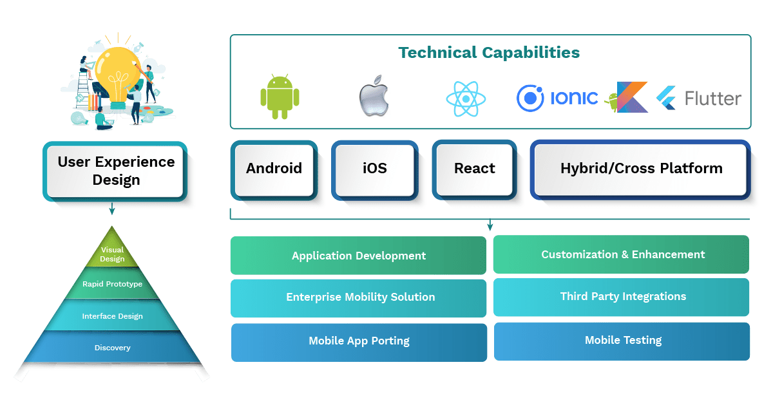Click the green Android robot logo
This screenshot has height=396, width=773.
(x=280, y=99)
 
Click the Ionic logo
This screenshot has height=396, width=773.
(x=557, y=99)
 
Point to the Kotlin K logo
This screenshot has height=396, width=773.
(x=631, y=97)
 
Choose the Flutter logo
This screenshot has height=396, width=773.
(x=699, y=99)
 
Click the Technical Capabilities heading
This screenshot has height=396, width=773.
(x=489, y=52)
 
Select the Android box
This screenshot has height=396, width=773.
(x=274, y=169)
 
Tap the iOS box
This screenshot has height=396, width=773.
(x=374, y=169)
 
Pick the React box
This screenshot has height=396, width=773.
(x=475, y=169)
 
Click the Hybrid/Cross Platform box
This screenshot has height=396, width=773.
(x=641, y=169)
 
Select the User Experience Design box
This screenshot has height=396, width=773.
(x=116, y=171)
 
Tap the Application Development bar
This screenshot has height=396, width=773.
(x=359, y=256)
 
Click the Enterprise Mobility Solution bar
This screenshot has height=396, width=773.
(x=360, y=297)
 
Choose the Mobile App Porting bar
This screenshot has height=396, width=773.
(x=359, y=341)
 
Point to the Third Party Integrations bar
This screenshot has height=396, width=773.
(x=623, y=296)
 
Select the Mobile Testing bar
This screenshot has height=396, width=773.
(x=623, y=340)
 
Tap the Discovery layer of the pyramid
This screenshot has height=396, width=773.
(x=113, y=348)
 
